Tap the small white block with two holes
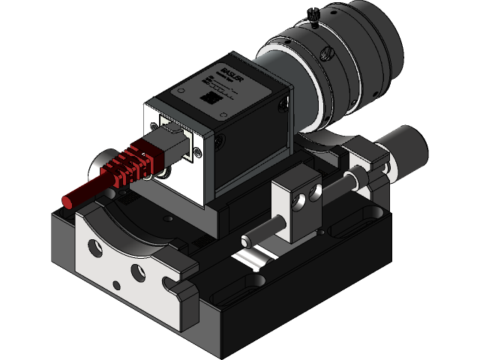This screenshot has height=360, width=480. [x=295, y=205]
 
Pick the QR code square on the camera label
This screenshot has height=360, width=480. [x=211, y=97]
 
